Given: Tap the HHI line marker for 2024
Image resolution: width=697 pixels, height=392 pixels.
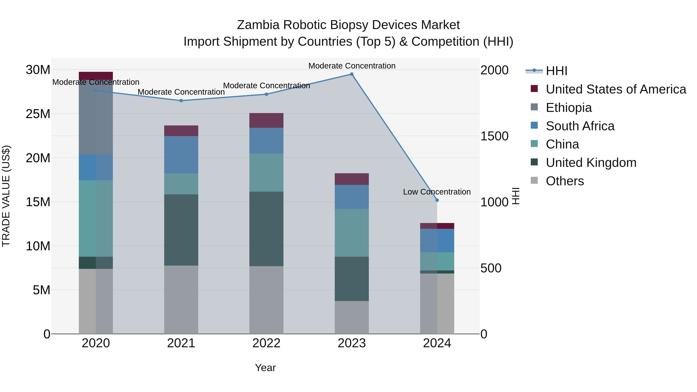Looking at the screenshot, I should click(x=437, y=200).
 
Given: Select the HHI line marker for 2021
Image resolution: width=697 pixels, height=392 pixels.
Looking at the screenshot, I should click(x=181, y=101).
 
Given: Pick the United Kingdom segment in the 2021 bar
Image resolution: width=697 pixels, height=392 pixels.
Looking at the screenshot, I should click(x=181, y=230).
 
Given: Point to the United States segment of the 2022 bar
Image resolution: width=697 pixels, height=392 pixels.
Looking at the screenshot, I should click(x=266, y=120).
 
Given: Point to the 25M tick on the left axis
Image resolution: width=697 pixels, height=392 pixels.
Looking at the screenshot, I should click(x=38, y=114).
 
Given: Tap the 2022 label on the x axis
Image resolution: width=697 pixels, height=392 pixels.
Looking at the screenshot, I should click(x=266, y=343).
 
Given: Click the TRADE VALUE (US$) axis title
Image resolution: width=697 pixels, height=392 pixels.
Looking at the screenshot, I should click(x=6, y=196).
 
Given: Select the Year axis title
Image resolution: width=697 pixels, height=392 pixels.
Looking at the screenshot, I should click(x=265, y=368).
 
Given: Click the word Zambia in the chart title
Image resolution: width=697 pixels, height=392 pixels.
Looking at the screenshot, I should click(x=258, y=25).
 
